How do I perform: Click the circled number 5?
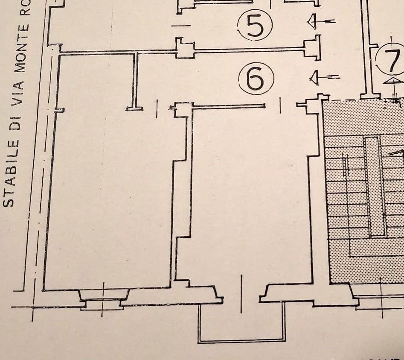[x=255, y=25]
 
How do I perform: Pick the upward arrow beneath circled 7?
[x=394, y=82]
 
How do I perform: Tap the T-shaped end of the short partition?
[x=134, y=108]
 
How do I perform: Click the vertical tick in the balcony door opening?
[x=242, y=288]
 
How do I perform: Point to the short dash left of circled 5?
[x=180, y=26]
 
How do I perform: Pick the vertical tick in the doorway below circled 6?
[x=280, y=105]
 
